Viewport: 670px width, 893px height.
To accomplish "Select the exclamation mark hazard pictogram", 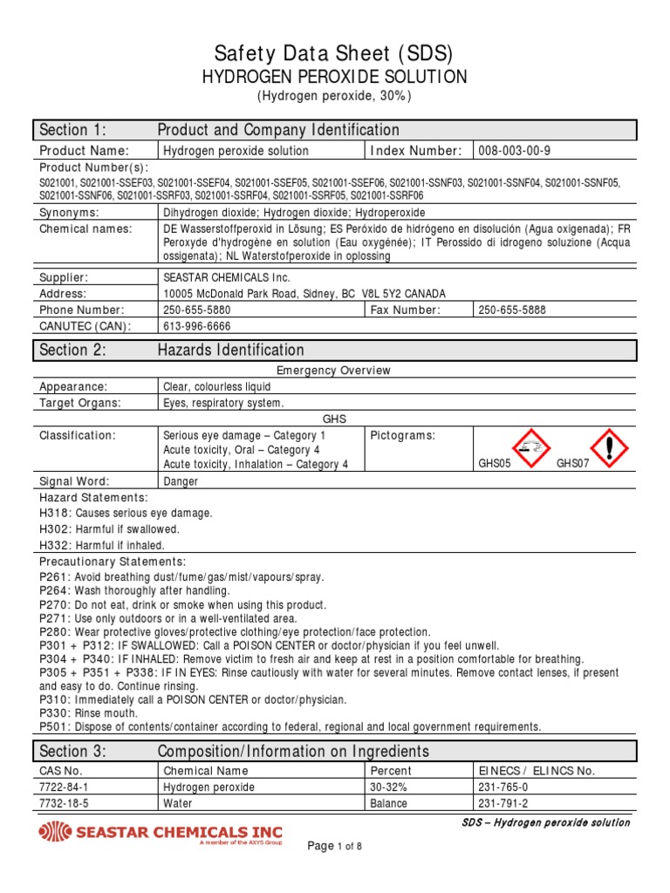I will coord(609,447).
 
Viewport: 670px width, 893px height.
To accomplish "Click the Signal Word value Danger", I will coord(181,481).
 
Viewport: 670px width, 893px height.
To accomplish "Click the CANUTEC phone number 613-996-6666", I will coord(197,326).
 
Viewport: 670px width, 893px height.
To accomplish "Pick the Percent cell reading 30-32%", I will coord(387,787).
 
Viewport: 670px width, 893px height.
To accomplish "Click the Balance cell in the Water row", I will coord(388,803).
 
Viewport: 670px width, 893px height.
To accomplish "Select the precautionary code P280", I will coord(53,631).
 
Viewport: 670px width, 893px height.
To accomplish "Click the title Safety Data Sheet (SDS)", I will coord(335,54).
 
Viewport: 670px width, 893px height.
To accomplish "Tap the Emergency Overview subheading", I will coord(334,371).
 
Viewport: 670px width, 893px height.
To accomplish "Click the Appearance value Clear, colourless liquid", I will coord(217,386).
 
